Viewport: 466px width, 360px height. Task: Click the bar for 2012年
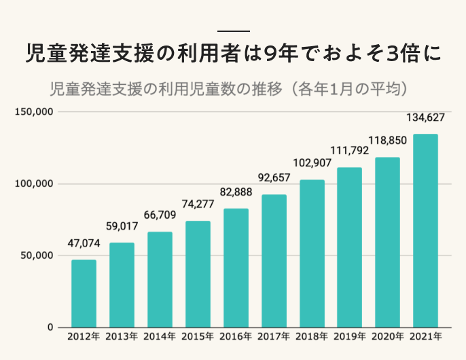(84, 293)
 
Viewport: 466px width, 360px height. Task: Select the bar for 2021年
(425, 231)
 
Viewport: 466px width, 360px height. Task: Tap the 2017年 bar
(274, 261)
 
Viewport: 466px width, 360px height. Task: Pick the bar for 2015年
(198, 274)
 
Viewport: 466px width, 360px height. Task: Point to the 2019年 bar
(349, 247)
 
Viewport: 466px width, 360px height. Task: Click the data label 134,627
(425, 118)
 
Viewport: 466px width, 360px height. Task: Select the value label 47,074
(84, 244)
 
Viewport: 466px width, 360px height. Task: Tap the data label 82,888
(236, 192)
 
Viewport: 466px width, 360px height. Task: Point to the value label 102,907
(312, 164)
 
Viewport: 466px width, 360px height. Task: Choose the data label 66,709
(160, 216)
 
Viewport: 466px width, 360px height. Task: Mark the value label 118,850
(388, 141)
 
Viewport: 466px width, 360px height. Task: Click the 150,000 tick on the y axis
(33, 111)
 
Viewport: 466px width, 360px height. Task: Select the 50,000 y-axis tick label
(36, 255)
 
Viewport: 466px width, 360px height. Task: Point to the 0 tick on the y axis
(50, 327)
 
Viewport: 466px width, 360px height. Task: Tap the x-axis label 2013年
(122, 336)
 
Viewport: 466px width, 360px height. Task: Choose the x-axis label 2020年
(388, 336)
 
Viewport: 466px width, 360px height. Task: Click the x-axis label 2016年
(236, 336)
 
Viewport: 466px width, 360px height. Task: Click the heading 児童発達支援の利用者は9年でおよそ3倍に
(233, 54)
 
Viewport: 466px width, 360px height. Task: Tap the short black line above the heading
(233, 31)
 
